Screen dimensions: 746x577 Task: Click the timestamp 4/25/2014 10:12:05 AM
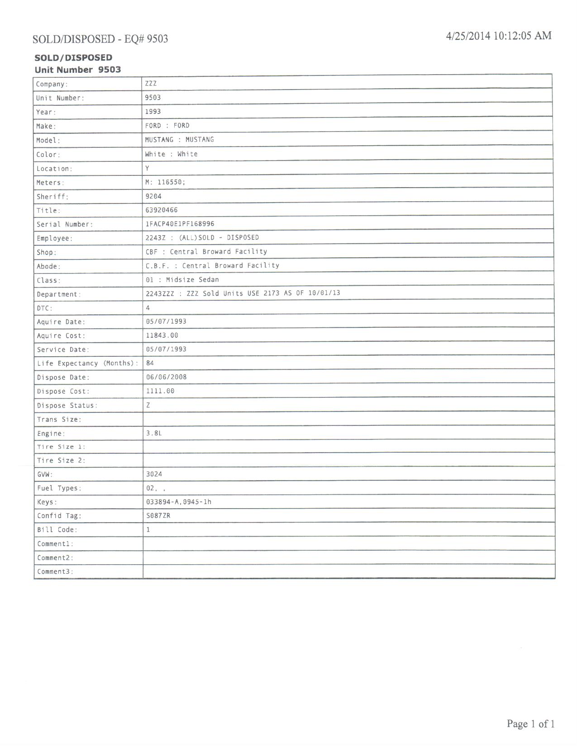pos(498,36)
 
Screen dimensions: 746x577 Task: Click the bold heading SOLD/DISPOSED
pos(73,57)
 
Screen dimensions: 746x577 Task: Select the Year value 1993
pos(153,112)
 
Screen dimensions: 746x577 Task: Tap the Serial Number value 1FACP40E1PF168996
pos(180,224)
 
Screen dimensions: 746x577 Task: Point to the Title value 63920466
pos(162,210)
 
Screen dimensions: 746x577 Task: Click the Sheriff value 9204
pos(153,196)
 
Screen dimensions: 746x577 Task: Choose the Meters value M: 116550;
pos(165,182)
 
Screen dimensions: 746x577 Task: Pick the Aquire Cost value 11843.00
pos(162,335)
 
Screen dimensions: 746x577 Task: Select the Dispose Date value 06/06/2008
pos(166,377)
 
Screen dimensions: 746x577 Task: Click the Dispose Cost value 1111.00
pos(160,391)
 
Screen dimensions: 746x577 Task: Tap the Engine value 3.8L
pos(154,433)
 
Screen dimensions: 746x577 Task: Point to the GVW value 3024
pos(154,474)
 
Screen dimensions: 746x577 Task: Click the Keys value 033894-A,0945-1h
pos(179,502)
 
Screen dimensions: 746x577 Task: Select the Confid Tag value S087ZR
pos(158,515)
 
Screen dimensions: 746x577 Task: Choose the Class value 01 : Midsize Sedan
pos(182,280)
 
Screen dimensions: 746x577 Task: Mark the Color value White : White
pos(171,154)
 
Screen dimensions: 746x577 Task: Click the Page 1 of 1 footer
pos(530,724)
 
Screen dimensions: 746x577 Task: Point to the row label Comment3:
pos(55,571)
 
